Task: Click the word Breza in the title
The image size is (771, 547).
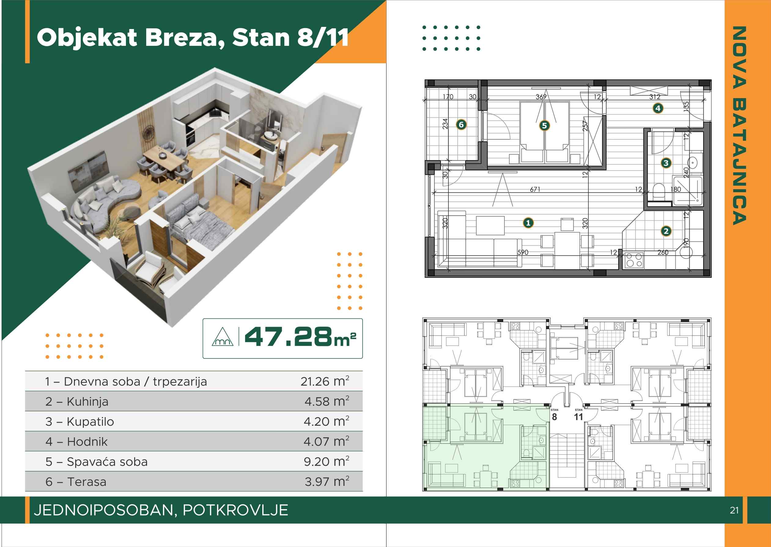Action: tap(185, 37)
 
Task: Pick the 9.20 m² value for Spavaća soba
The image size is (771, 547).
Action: tap(326, 461)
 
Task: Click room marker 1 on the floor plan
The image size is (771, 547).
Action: tap(528, 223)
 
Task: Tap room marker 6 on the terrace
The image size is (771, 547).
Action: tap(461, 125)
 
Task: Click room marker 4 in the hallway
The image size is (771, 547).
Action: tap(658, 108)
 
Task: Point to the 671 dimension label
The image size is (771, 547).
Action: tap(535, 189)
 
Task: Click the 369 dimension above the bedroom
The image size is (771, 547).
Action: tap(541, 97)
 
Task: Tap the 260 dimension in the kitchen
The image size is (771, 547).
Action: tap(663, 252)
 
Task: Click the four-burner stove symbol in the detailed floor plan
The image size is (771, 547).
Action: tap(634, 260)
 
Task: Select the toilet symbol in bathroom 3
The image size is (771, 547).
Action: tap(658, 192)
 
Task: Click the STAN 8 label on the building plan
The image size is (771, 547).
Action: tap(554, 415)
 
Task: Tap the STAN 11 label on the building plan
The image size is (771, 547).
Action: tap(578, 415)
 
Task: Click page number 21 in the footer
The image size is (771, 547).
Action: tap(734, 510)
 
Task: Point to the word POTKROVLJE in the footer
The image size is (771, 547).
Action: tap(235, 510)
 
